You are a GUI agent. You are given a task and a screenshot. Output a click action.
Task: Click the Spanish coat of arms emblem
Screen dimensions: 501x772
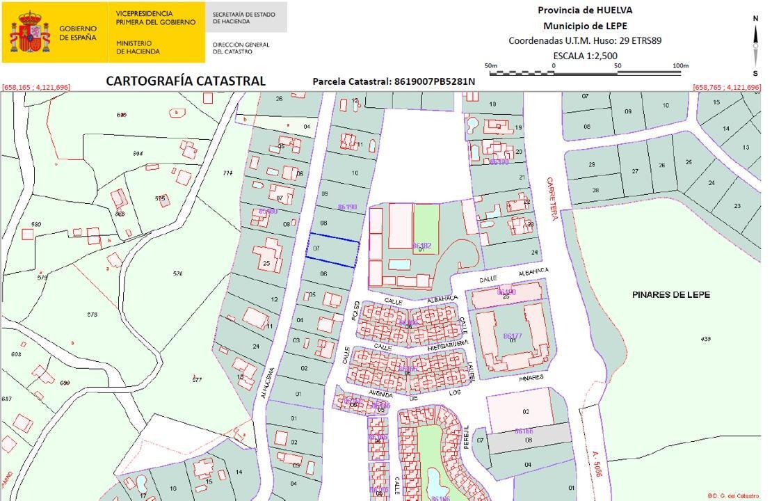[x=30, y=32]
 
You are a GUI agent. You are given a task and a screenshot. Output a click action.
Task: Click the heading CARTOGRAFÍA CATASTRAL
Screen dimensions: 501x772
[x=186, y=81]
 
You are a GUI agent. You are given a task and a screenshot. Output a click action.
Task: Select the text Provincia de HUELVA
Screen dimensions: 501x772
[x=585, y=10]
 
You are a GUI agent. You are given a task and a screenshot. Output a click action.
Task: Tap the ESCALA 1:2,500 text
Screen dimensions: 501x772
[x=585, y=56]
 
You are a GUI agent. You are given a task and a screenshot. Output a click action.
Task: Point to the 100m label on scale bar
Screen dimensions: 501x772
[x=680, y=66]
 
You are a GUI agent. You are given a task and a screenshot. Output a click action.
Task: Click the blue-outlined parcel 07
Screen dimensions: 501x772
[x=334, y=250]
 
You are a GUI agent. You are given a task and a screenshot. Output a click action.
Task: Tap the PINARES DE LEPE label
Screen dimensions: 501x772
[x=671, y=295]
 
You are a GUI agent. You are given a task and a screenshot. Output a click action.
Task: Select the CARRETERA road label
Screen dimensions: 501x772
[x=551, y=198]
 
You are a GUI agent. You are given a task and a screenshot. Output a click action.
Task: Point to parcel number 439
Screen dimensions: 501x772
[x=706, y=338]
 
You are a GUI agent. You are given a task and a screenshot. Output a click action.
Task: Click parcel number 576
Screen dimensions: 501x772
[x=178, y=273]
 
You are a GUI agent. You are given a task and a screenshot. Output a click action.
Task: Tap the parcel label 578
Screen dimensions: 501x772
[x=93, y=315]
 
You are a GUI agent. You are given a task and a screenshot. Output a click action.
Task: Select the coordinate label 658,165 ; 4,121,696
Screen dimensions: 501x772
[x=36, y=87]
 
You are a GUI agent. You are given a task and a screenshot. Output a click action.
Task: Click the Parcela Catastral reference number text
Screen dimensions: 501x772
[x=394, y=81]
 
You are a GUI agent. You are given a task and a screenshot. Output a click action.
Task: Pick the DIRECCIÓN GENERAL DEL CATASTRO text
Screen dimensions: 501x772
[x=241, y=48]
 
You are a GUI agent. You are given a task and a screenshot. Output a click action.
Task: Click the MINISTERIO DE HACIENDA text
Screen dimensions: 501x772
[x=138, y=47]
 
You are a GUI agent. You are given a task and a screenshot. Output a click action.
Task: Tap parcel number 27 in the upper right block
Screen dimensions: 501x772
[x=634, y=171]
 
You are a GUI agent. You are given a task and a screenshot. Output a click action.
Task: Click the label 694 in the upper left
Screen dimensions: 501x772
[x=138, y=153]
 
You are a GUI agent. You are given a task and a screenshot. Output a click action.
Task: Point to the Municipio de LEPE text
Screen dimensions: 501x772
[x=585, y=26]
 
